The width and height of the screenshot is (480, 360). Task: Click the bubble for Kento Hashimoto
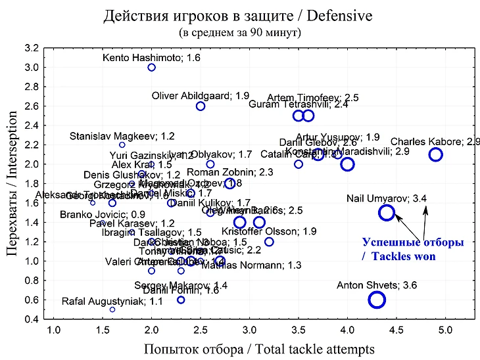click(x=151, y=67)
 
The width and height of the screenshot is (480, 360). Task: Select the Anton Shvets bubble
click(x=377, y=300)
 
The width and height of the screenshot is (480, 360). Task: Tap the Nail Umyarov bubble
click(x=387, y=212)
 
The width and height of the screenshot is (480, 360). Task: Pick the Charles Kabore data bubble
click(x=435, y=154)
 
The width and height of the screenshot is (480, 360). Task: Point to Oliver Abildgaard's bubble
click(x=201, y=106)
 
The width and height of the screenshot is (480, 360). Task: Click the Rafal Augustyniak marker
click(x=112, y=309)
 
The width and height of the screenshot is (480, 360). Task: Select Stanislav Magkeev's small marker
click(x=122, y=145)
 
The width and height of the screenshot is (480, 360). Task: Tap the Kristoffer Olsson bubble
click(x=269, y=242)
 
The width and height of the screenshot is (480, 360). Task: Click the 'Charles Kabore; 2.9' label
click(x=435, y=141)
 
